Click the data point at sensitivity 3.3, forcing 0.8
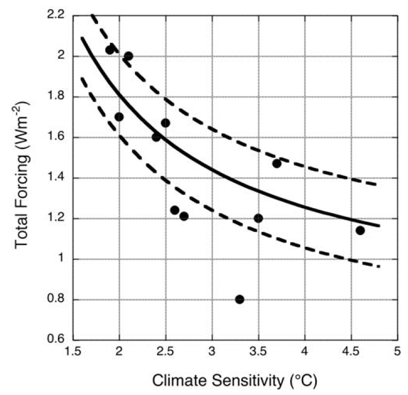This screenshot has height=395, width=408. point(240,299)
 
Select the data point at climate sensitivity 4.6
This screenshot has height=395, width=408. point(360,230)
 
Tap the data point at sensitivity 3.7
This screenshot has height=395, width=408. point(277,163)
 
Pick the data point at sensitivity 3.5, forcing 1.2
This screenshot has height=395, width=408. point(258,218)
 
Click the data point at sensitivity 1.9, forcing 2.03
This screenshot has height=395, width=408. point(110,50)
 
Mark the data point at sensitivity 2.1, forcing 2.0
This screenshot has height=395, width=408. point(129,56)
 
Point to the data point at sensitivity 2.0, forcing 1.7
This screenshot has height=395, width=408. point(119,116)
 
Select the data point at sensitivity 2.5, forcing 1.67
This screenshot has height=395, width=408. point(166,123)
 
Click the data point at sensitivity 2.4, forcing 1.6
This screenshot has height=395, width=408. point(156,137)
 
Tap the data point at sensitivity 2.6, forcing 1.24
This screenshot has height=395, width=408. point(175,210)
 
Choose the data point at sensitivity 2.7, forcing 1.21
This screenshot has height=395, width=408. point(184,216)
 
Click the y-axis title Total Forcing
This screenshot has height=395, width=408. point(22,177)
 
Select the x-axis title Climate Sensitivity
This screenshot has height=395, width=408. point(235,381)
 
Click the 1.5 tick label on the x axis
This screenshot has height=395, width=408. point(73,352)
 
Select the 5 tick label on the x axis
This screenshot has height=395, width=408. point(397,352)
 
